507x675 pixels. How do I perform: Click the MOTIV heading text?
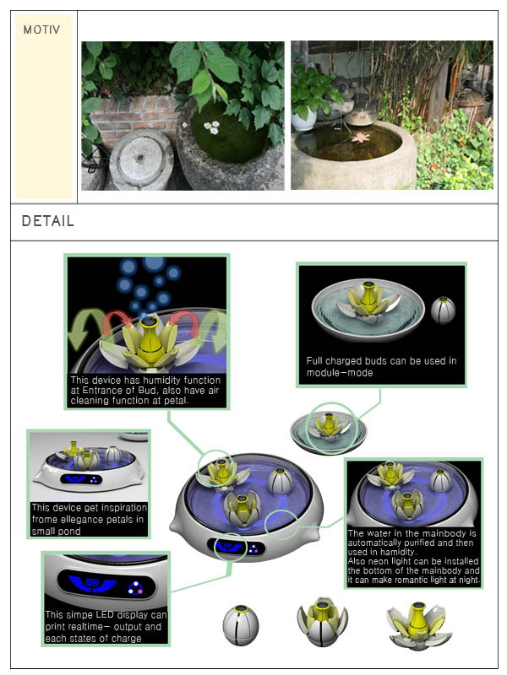click(41, 30)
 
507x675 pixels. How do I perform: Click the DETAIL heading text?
click(48, 221)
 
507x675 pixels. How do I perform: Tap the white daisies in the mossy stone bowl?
click(212, 127)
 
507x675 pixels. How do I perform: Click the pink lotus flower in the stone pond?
click(361, 138)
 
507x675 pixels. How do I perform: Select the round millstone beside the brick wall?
click(141, 160)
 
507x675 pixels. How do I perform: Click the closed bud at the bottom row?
click(241, 625)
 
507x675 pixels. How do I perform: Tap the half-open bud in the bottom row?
click(323, 622)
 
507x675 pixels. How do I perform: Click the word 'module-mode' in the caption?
click(340, 373)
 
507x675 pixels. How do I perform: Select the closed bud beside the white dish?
click(443, 310)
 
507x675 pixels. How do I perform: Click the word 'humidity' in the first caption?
click(161, 381)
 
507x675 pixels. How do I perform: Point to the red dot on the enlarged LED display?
click(140, 591)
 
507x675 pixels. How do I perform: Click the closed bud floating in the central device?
click(280, 481)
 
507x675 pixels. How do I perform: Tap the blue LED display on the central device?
click(236, 547)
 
